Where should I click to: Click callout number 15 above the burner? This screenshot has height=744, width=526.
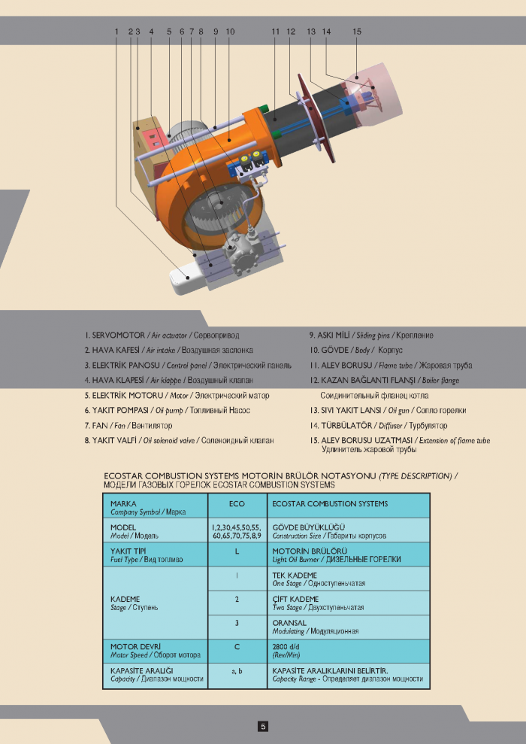(357, 32)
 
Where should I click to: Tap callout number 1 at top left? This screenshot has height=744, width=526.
(117, 32)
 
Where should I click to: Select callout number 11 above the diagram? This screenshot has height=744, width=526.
(276, 32)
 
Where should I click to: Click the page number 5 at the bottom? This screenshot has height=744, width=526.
(263, 726)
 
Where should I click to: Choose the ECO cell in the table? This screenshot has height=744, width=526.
(236, 503)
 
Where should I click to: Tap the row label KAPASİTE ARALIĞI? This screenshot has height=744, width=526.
(142, 670)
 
